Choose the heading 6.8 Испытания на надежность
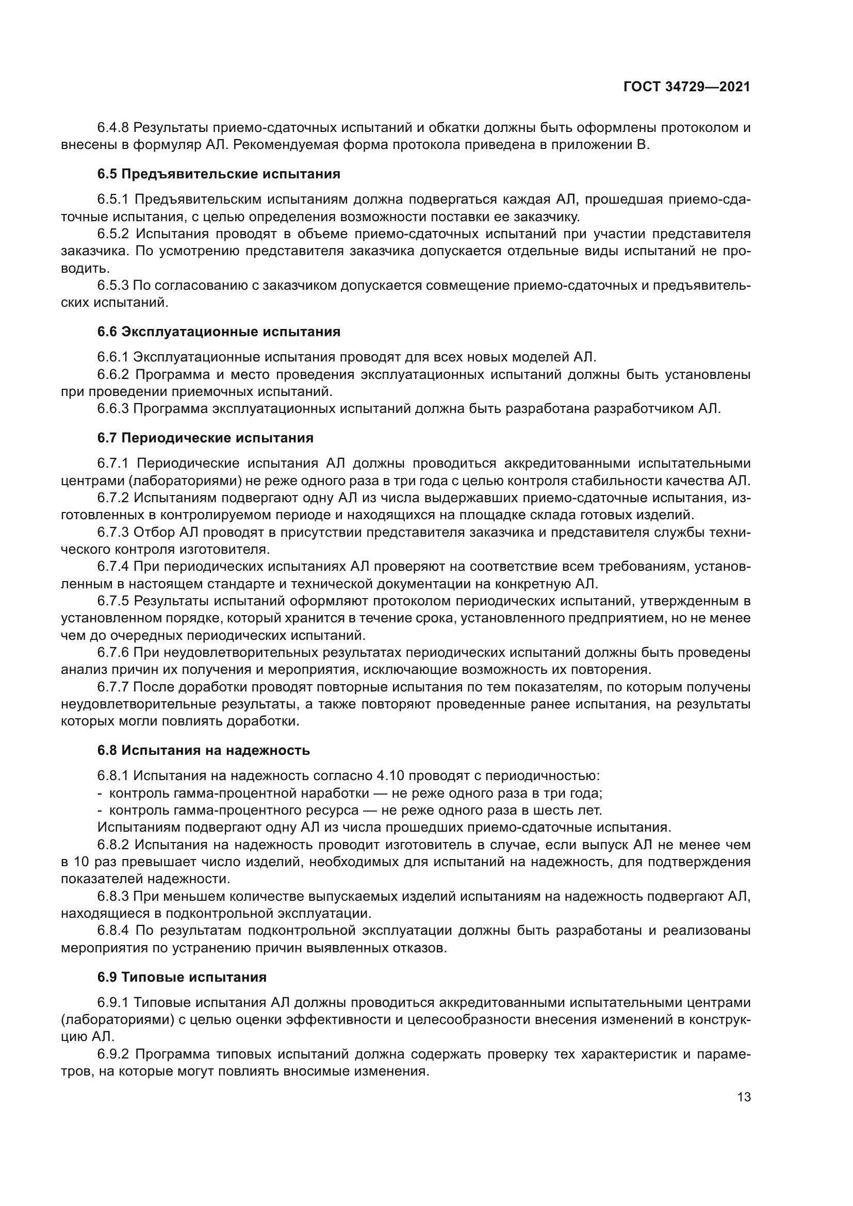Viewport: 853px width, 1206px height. pos(203,751)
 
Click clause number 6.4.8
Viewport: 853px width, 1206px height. pos(113,128)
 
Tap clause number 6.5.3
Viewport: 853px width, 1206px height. pos(113,286)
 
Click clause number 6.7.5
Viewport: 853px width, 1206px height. pos(113,600)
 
